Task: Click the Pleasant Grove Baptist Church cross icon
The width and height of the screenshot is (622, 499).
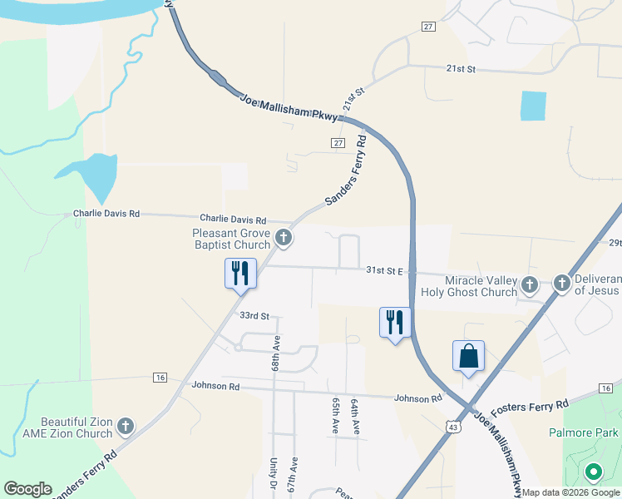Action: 284,239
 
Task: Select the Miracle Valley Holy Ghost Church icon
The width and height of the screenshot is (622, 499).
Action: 529,286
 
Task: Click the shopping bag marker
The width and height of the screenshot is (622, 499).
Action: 469,356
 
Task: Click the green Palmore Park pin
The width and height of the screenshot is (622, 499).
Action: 593,473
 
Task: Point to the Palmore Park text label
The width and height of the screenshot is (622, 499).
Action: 584,433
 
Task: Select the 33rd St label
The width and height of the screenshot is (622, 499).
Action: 254,316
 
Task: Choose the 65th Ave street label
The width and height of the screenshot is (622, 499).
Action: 336,414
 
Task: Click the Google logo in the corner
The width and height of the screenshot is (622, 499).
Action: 27,489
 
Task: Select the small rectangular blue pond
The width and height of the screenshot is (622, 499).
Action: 533,106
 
